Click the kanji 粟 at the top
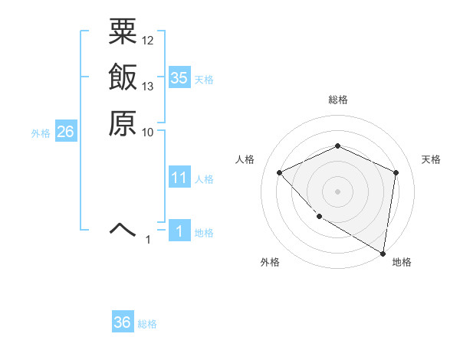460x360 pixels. point(123,34)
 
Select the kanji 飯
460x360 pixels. point(123,78)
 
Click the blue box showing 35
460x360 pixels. point(179,78)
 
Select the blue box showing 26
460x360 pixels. point(65,133)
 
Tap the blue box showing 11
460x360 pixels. point(179,178)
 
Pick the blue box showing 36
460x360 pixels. point(123,322)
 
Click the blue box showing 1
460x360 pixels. point(179,231)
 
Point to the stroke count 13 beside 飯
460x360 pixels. point(148,86)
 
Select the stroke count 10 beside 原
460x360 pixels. point(148,132)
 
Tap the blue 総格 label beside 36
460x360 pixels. point(147,324)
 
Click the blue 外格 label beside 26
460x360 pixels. point(41,133)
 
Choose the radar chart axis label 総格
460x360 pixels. point(337,100)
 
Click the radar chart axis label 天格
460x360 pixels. point(431,159)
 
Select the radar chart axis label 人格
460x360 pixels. point(245,159)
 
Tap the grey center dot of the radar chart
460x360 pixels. point(337,191)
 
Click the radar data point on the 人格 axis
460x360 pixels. point(280,172)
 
